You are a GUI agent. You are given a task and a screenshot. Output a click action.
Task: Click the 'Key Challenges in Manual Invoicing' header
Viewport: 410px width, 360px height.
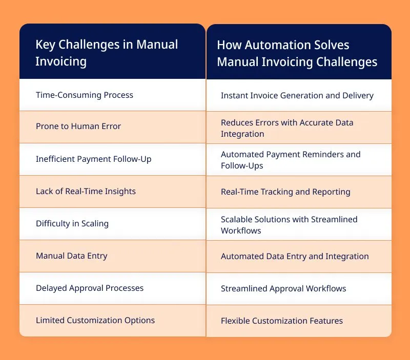(107, 53)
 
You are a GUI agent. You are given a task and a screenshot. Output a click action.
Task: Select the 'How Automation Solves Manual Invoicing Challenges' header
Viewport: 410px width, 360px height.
(297, 53)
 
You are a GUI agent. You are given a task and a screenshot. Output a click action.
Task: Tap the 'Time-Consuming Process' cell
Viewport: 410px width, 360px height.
(85, 95)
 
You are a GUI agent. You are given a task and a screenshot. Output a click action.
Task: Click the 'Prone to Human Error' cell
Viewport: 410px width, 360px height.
(78, 126)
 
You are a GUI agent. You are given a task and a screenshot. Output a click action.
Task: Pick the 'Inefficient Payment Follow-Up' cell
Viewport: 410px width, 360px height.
(94, 159)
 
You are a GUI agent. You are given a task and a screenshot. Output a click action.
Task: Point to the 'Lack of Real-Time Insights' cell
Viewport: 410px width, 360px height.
(86, 192)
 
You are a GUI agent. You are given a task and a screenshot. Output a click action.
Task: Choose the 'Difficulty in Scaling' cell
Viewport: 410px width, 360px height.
(72, 224)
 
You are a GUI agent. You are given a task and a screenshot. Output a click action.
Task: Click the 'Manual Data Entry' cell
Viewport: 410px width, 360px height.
(72, 256)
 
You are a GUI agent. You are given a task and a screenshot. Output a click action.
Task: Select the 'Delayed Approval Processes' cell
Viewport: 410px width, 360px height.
(90, 288)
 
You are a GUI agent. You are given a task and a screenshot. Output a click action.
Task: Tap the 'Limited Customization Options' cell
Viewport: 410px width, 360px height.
(95, 320)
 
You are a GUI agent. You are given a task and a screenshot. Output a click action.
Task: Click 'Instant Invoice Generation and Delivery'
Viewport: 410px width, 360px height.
(297, 96)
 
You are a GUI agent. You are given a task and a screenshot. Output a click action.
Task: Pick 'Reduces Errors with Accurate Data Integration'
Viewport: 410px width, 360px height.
(287, 128)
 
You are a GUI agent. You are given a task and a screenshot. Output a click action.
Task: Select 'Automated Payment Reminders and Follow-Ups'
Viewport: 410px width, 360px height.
(291, 160)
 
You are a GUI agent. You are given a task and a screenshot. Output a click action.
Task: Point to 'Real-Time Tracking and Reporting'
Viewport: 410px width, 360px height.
(285, 192)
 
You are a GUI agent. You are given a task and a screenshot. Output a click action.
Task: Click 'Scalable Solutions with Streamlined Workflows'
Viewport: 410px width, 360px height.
(289, 225)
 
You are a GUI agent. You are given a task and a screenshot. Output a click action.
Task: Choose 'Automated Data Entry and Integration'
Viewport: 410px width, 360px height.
(295, 257)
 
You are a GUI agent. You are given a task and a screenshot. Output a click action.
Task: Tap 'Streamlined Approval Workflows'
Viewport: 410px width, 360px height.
(283, 289)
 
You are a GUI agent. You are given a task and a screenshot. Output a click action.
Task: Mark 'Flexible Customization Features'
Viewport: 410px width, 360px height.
(282, 321)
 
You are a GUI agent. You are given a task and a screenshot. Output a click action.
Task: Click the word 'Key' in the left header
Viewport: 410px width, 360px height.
(45, 45)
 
